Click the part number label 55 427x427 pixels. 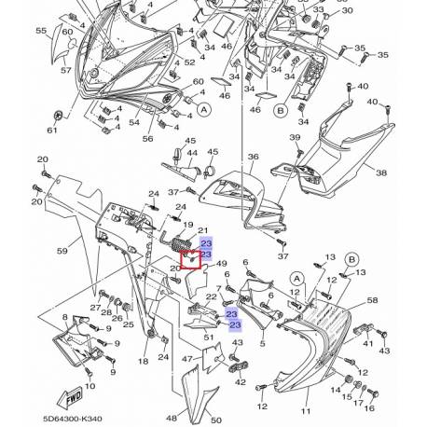[x=40, y=31]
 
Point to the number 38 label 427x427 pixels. [x=406, y=172]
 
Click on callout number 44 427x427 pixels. [x=192, y=152]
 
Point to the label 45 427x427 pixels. [x=212, y=152]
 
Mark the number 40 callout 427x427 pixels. [x=400, y=103]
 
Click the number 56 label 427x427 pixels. [x=147, y=138]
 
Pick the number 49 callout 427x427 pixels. [x=222, y=264]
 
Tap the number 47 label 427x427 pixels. [x=187, y=357]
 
